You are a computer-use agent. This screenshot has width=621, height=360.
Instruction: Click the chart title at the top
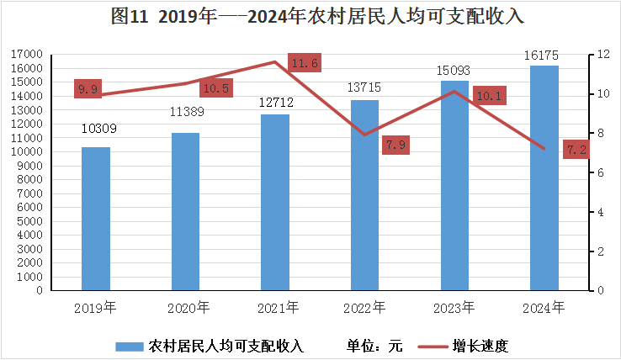[x=310, y=16]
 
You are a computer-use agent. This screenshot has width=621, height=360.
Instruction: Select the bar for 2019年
[x=96, y=219]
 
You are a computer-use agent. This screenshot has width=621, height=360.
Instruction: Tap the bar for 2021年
[x=274, y=202]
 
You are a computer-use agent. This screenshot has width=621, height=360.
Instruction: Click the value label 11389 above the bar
[x=185, y=111]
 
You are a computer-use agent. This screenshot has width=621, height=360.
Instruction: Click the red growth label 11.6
[x=303, y=63]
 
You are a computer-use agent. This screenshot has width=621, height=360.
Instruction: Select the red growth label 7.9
[x=395, y=146]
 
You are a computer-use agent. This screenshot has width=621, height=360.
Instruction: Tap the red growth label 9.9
[x=88, y=89]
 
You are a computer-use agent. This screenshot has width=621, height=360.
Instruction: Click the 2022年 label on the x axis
[x=364, y=308]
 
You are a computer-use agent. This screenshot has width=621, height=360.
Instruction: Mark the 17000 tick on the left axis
[x=29, y=54]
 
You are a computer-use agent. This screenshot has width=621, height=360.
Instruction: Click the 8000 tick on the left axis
[x=32, y=179]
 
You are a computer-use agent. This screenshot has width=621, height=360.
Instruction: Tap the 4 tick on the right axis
[x=600, y=212]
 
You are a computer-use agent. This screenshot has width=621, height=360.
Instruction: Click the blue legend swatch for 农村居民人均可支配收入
[x=130, y=345]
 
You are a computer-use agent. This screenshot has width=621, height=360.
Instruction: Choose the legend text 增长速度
[x=480, y=345]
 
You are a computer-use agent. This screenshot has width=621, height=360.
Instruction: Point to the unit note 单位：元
[x=375, y=345]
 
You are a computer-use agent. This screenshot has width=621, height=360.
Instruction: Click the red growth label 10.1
[x=488, y=96]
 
